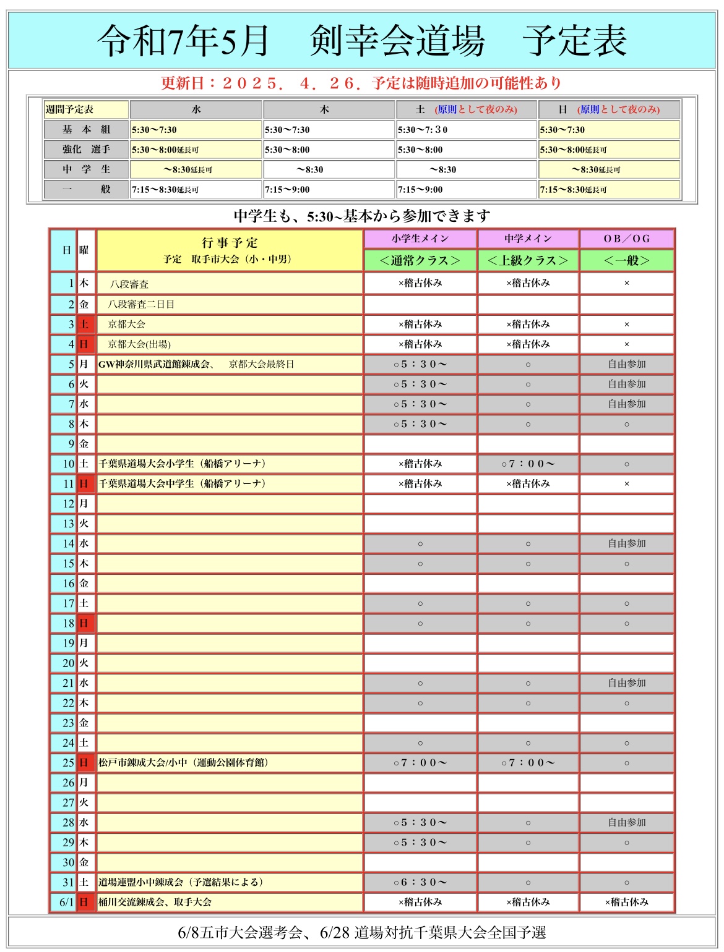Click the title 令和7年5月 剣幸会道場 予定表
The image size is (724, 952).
click(362, 41)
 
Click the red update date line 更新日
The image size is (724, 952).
click(361, 83)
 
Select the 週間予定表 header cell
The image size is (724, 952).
click(85, 109)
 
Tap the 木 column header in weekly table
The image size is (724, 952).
click(329, 109)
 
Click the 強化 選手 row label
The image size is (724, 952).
click(86, 149)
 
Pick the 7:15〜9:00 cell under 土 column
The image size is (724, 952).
click(466, 189)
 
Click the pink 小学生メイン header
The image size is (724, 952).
click(420, 239)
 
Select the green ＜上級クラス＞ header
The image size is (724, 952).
click(528, 260)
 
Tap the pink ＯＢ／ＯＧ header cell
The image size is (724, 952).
click(626, 239)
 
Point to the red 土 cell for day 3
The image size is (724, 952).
click(84, 324)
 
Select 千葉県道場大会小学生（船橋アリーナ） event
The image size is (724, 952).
click(183, 464)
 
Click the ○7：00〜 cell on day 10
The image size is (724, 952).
click(528, 464)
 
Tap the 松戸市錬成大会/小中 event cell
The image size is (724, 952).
click(183, 762)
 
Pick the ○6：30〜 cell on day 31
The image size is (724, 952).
click(420, 882)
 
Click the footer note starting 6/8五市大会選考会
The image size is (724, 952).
click(362, 932)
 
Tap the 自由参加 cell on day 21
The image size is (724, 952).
click(626, 683)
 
